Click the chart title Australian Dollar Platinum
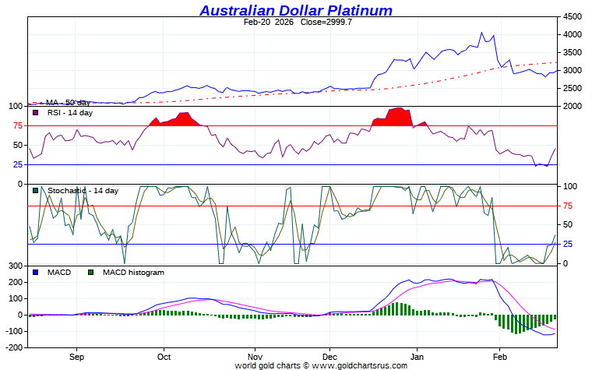tap(296, 10)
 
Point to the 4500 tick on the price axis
tap(573, 16)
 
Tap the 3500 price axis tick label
tap(573, 52)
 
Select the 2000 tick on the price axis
tap(573, 106)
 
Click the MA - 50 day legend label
tap(67, 102)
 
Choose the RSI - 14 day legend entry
tap(70, 113)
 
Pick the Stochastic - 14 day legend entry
tap(83, 191)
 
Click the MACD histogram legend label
tap(133, 273)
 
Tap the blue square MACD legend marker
tap(35, 273)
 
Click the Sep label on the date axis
tap(76, 357)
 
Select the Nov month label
tap(255, 357)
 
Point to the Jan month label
tap(417, 357)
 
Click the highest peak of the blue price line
tap(481, 33)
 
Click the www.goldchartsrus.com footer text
tap(360, 365)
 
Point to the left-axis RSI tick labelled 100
tap(16, 106)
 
